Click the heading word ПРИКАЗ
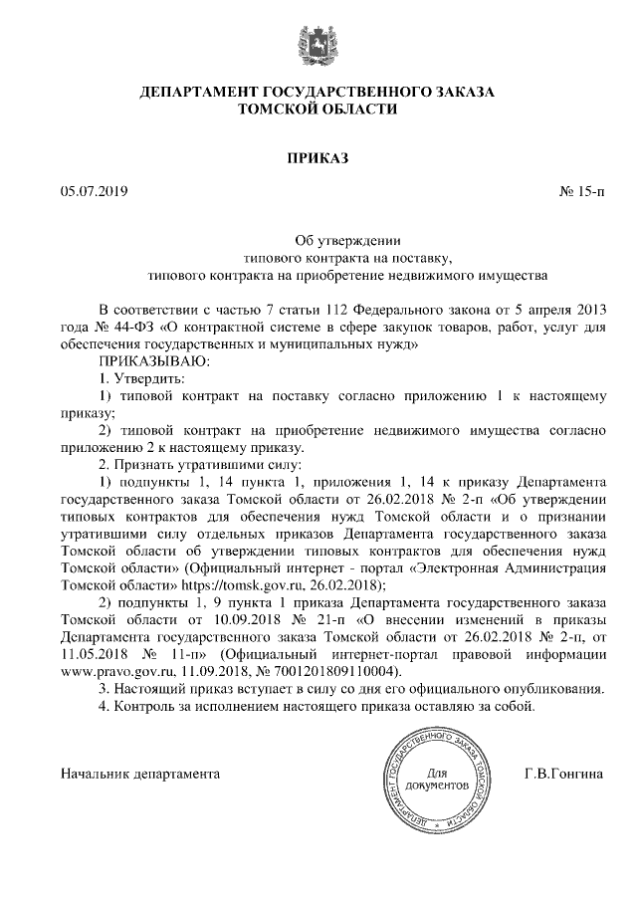click(318, 156)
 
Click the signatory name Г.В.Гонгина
click(563, 773)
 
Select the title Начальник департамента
click(139, 773)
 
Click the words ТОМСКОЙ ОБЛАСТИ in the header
click(318, 109)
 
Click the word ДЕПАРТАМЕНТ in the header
click(208, 92)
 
